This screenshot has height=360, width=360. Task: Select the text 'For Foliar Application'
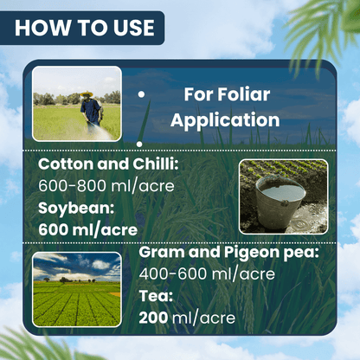[x=224, y=107]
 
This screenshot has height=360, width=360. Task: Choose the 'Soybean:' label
[x=75, y=209]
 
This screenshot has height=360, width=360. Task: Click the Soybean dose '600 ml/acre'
[x=88, y=229]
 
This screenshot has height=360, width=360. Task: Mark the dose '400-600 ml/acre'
[x=208, y=274]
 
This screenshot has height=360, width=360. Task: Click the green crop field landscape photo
[x=76, y=289]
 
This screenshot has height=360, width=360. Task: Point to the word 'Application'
[x=224, y=119]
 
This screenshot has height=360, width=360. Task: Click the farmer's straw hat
[x=87, y=93]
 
